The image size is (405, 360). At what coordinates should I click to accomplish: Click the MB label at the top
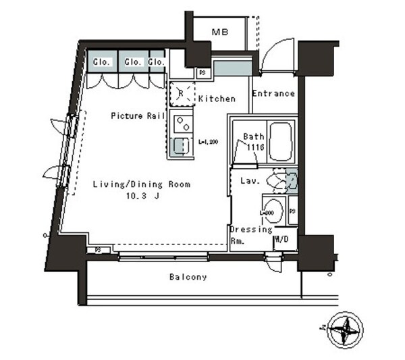pos(219,32)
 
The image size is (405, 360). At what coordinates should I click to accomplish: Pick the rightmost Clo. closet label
pos(156,62)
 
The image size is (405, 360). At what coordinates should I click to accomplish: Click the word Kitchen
pos(217,99)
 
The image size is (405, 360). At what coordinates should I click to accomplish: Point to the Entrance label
pos(273,94)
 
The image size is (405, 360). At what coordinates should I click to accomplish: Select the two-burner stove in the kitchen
pos(181,123)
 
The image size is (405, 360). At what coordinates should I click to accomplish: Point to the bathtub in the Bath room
pos(279,142)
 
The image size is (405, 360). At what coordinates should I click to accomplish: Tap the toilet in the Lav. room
pos(278,180)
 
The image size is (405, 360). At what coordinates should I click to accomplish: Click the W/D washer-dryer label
pos(281,240)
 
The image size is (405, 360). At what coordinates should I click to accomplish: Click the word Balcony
pos(188,277)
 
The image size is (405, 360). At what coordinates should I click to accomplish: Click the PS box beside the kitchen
pos(202,73)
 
